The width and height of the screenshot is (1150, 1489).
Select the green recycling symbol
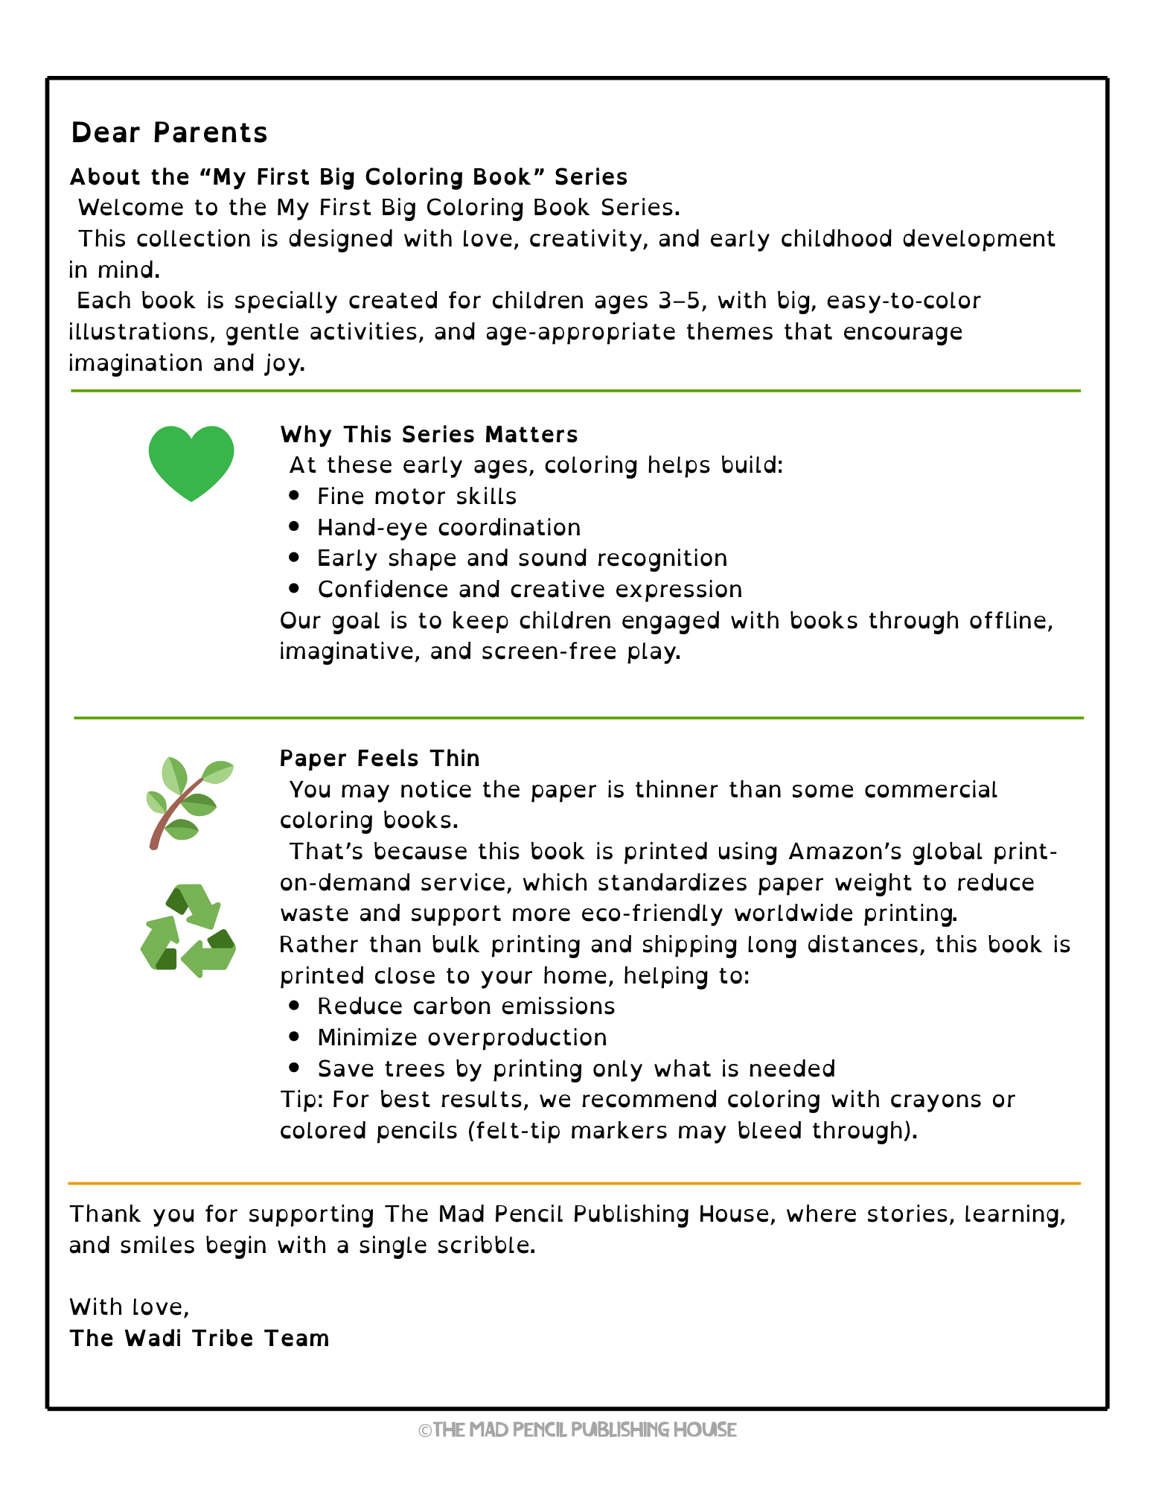[188, 931]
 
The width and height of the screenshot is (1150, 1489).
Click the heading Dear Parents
[169, 133]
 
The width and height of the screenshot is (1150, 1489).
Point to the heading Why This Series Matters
[429, 434]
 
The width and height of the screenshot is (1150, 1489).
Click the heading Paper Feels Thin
[380, 758]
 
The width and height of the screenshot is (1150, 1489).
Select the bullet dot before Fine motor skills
[295, 495]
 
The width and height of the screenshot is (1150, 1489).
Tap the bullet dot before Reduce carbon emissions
[295, 1005]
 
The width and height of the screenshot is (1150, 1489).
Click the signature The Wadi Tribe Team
[199, 1338]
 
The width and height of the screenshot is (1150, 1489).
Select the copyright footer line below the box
[577, 1429]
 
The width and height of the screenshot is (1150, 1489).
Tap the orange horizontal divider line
[574, 1182]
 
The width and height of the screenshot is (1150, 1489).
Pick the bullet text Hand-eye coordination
[449, 527]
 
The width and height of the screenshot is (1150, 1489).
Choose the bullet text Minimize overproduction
[461, 1037]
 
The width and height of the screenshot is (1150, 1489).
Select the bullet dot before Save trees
[295, 1068]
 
